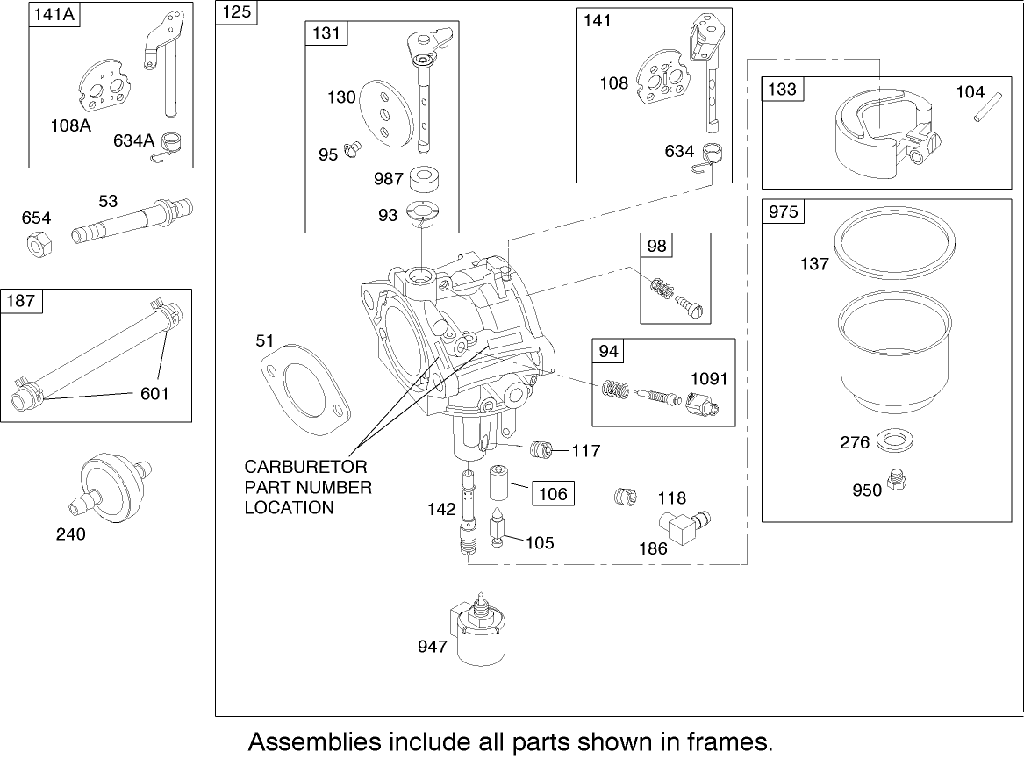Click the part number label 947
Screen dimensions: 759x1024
pyautogui.click(x=433, y=647)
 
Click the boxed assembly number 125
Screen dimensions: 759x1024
pyautogui.click(x=236, y=12)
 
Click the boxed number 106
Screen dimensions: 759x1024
pyautogui.click(x=553, y=494)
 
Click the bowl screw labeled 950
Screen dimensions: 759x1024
pyautogui.click(x=897, y=480)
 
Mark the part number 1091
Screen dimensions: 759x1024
pyautogui.click(x=709, y=379)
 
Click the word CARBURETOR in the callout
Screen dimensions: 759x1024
pyautogui.click(x=305, y=466)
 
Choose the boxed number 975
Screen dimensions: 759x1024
pyautogui.click(x=782, y=212)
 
